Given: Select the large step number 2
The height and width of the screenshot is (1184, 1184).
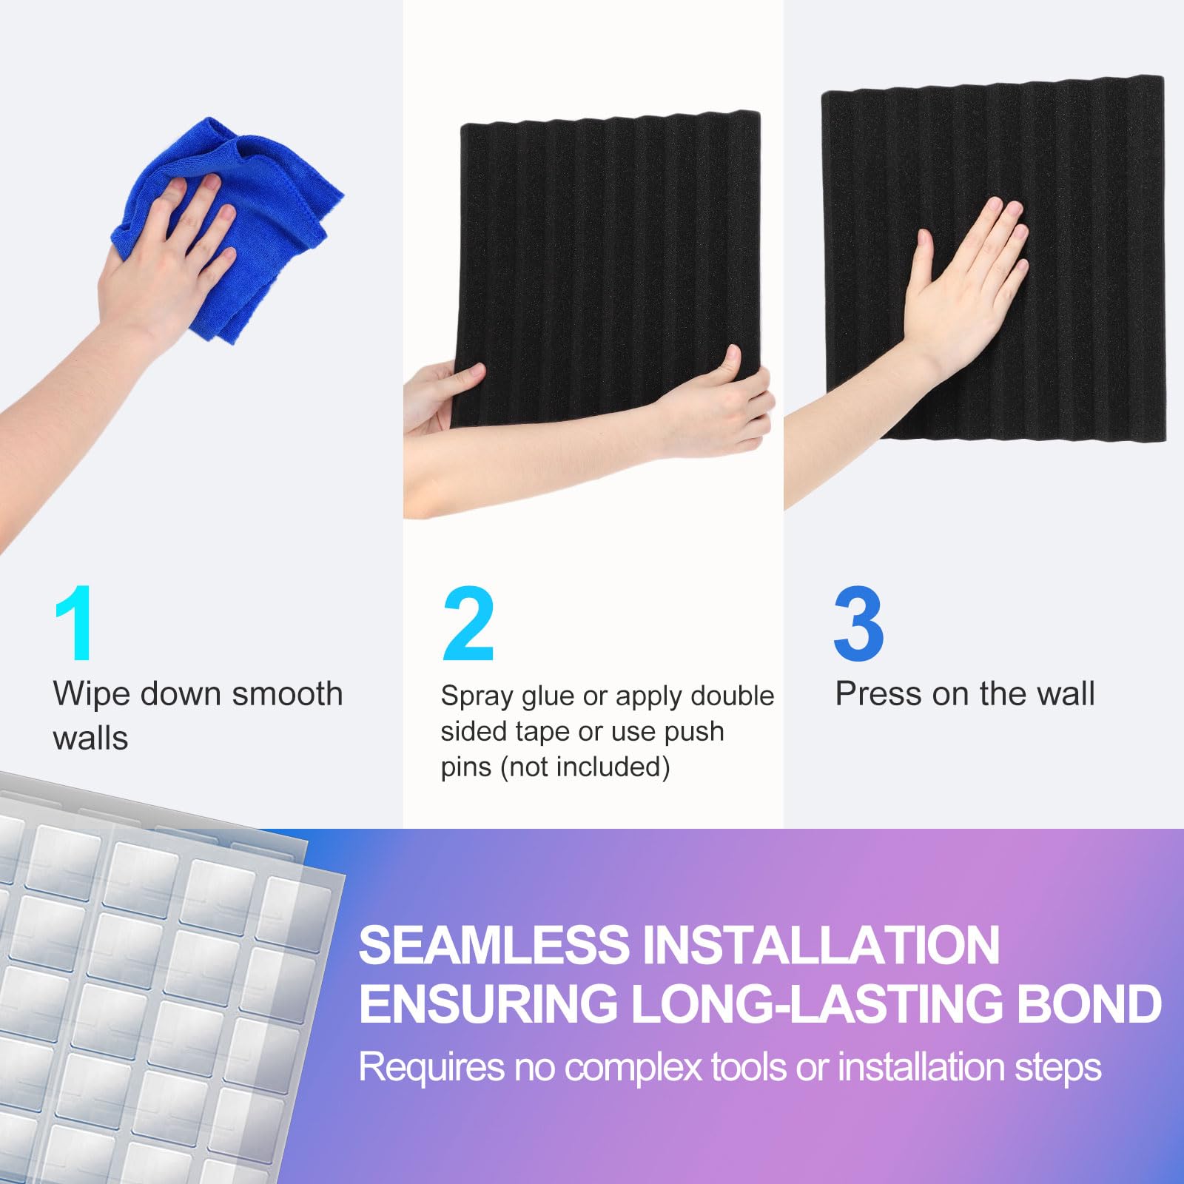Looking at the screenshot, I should [468, 623].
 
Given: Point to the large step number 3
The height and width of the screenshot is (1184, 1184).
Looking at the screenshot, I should [858, 623].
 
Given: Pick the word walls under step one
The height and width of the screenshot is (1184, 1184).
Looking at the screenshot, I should [90, 739].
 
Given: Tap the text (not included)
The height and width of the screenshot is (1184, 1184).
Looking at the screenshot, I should [585, 767].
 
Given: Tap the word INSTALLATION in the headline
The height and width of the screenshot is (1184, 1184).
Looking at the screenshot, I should [821, 945].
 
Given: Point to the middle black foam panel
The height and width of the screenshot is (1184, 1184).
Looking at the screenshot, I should [610, 252].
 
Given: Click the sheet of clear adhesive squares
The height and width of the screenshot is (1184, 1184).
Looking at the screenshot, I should [148, 999].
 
